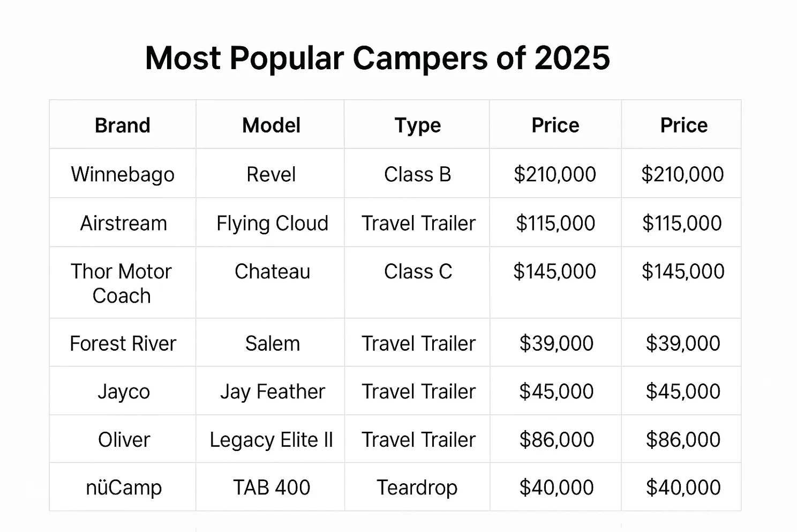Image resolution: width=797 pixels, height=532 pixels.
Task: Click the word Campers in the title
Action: coord(420,58)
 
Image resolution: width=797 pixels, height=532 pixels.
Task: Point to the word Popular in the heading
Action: coord(286,58)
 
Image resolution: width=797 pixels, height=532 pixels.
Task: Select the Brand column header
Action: coord(123,125)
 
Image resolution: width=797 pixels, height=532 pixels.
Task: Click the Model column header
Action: coord(271,125)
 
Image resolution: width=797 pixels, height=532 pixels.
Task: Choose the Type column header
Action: coord(418,125)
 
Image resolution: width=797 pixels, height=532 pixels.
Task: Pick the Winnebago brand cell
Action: coord(123,174)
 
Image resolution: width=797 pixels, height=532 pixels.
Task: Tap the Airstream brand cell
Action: coord(123,223)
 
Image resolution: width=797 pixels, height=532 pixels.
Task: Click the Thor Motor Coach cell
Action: coord(122,283)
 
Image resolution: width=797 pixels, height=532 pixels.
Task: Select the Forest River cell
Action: coord(123,343)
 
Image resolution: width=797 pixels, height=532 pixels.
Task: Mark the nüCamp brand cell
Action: coord(124,487)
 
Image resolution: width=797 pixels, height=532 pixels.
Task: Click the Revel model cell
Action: coord(271,174)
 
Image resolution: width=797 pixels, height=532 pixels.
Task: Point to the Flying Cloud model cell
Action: coord(272,223)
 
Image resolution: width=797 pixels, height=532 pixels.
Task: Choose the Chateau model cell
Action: coord(272,271)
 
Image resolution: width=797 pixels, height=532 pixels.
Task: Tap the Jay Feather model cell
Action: coord(272,391)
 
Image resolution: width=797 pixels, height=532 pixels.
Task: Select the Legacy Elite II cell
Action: coord(271,440)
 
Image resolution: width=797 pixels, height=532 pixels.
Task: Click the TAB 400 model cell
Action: coord(272,487)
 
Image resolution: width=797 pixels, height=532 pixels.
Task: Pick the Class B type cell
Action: coord(418,174)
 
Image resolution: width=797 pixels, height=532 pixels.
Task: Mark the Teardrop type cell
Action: coord(417,487)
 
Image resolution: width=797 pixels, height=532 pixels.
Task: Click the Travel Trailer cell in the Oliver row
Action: coord(418,440)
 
